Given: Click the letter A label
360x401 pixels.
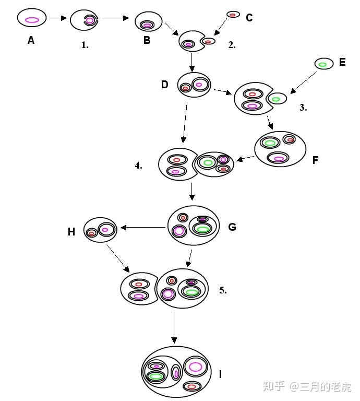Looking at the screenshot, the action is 31,40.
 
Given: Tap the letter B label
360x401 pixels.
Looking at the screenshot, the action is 147,40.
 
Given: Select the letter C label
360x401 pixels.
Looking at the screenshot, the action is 249,18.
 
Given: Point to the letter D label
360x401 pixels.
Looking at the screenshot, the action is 165,84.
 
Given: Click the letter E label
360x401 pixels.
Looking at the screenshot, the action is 342,62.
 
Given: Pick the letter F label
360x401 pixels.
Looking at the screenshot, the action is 315,160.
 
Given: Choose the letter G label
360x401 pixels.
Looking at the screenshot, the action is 232,227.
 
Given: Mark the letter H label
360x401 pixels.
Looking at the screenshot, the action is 71,232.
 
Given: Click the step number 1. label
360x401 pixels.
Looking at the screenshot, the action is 85,45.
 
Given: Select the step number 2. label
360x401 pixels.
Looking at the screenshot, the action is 232,45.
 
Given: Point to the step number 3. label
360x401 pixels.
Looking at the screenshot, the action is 303,108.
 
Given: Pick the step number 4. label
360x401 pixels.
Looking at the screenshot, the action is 138,166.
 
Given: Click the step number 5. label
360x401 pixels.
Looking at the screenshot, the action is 223,290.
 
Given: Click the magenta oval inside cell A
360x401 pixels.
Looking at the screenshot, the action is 32,20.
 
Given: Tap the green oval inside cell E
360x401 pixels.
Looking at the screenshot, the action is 322,65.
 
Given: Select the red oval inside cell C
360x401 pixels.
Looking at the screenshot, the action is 233,15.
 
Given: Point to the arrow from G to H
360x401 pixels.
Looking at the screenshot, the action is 143,227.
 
